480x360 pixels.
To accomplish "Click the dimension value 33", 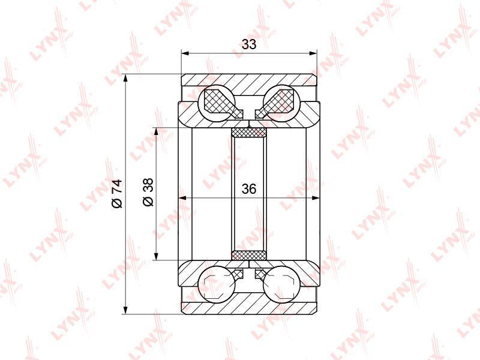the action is click(x=248, y=44).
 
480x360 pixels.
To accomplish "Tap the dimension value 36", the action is click(x=248, y=189).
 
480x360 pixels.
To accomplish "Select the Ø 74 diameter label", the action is click(x=117, y=194).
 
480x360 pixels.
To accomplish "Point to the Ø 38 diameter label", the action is click(x=148, y=192).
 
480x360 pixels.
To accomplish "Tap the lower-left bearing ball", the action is click(x=217, y=284).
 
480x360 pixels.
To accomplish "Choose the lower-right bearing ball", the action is click(x=281, y=284).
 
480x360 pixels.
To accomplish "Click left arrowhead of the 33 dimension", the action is click(x=185, y=53).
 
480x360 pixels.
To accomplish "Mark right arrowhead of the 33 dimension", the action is click(x=313, y=53).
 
